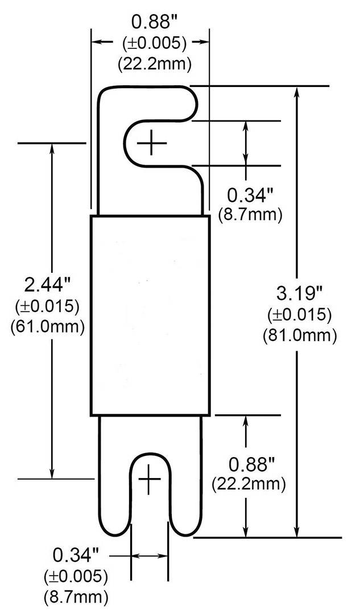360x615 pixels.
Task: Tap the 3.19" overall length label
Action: tap(299, 294)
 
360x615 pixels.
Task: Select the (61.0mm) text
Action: tap(48, 326)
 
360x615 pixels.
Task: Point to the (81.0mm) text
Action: tap(300, 335)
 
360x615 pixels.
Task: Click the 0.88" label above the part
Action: tap(151, 22)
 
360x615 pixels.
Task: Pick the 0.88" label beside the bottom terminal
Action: tap(248, 464)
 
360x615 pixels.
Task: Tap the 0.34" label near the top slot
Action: tap(250, 196)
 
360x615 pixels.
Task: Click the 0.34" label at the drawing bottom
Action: tap(76, 554)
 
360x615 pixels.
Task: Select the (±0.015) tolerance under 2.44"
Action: tap(48, 306)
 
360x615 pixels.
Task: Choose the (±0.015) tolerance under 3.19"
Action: tap(300, 315)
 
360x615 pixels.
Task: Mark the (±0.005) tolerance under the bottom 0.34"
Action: tap(76, 576)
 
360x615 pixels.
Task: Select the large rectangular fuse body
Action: tap(150, 315)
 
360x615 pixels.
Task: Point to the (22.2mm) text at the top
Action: tap(154, 64)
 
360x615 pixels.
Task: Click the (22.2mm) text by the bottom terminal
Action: tap(249, 485)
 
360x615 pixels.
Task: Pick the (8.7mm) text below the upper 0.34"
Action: tap(250, 215)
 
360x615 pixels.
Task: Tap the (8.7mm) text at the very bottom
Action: tap(76, 597)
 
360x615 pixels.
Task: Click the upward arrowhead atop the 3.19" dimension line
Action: tap(297, 91)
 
